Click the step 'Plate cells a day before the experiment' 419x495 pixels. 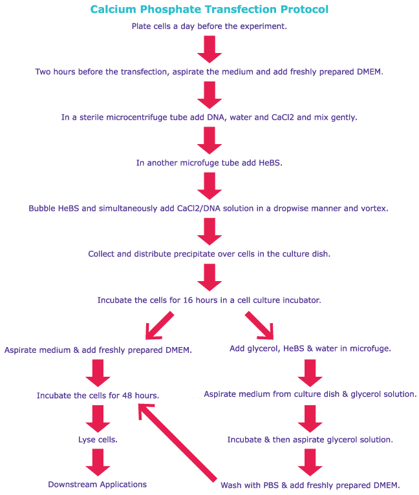pos(209,26)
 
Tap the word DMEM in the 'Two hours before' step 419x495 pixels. pos(369,72)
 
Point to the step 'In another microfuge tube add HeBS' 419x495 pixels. pos(209,163)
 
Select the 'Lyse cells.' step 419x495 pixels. pos(98,439)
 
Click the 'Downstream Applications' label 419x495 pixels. pos(98,484)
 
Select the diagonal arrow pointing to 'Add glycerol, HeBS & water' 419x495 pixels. pos(261,326)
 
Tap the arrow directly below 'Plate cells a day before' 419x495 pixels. pos(209,49)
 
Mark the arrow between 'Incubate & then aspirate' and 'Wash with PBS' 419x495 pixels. pos(310,462)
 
